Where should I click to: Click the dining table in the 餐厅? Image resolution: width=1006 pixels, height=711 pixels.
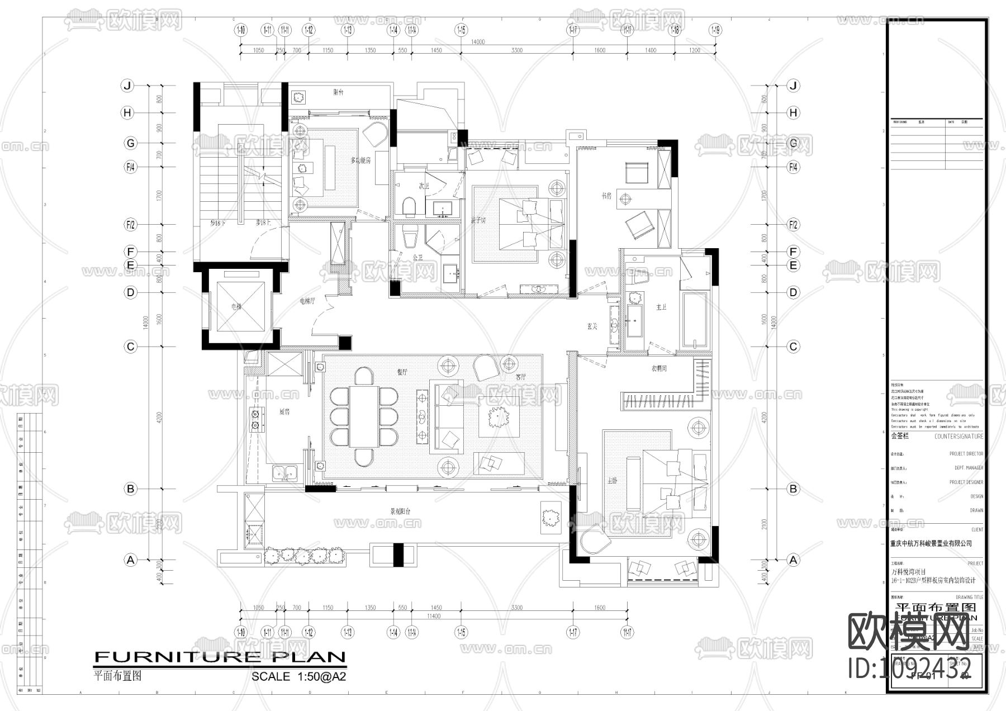click(x=364, y=416)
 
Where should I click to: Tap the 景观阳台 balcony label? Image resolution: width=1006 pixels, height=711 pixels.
click(x=400, y=511)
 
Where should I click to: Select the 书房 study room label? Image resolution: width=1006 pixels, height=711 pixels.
click(x=607, y=196)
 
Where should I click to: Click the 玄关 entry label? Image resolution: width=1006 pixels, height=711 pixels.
click(x=592, y=326)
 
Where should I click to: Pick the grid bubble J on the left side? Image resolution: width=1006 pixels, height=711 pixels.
click(x=127, y=86)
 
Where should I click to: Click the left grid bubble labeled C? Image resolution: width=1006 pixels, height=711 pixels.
click(x=130, y=347)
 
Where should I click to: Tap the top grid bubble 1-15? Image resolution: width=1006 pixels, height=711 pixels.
click(x=461, y=30)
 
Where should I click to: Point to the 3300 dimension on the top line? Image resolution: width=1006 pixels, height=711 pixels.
click(x=516, y=50)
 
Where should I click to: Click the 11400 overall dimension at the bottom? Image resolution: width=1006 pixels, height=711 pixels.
click(x=434, y=616)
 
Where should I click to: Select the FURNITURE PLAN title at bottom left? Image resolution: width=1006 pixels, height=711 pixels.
click(x=220, y=657)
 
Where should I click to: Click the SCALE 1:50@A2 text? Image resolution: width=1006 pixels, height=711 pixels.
click(x=298, y=676)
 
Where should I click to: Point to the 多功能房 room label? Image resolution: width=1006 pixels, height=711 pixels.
click(x=360, y=160)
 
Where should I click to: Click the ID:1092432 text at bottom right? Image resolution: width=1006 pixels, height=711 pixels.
click(x=910, y=668)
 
